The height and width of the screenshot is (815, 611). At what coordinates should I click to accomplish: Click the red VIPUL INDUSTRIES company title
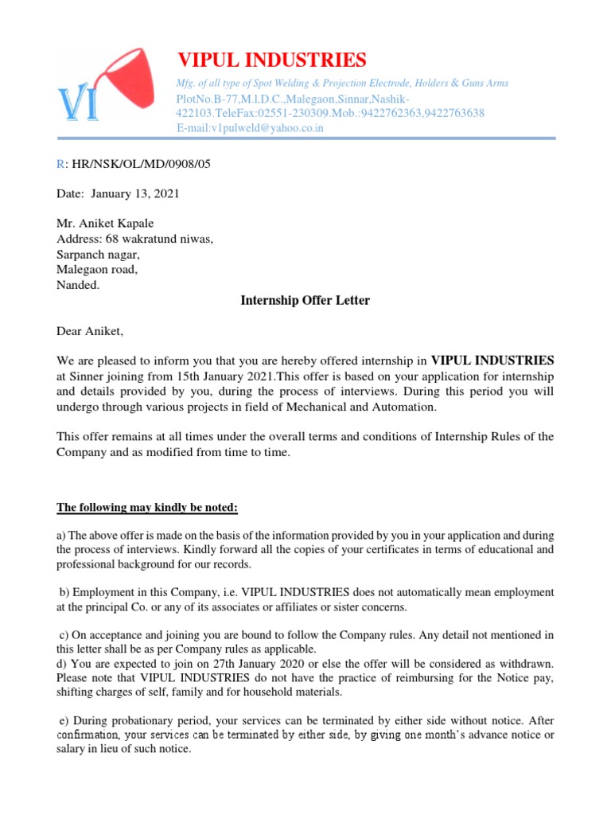click(271, 60)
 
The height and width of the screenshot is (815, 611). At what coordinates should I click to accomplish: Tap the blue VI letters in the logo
click(78, 105)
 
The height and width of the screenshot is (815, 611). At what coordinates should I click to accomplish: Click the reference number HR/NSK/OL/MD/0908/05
click(141, 164)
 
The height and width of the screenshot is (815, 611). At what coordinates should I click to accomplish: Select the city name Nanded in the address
click(78, 285)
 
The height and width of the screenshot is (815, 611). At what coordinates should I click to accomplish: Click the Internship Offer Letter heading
click(305, 300)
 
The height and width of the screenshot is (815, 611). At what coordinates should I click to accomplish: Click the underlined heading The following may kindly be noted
click(147, 508)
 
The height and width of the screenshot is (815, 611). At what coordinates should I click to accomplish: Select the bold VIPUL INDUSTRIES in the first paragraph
click(492, 360)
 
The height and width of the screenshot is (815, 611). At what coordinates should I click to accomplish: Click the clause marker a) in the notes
click(61, 536)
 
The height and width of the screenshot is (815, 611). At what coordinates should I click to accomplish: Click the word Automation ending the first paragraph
click(408, 407)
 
